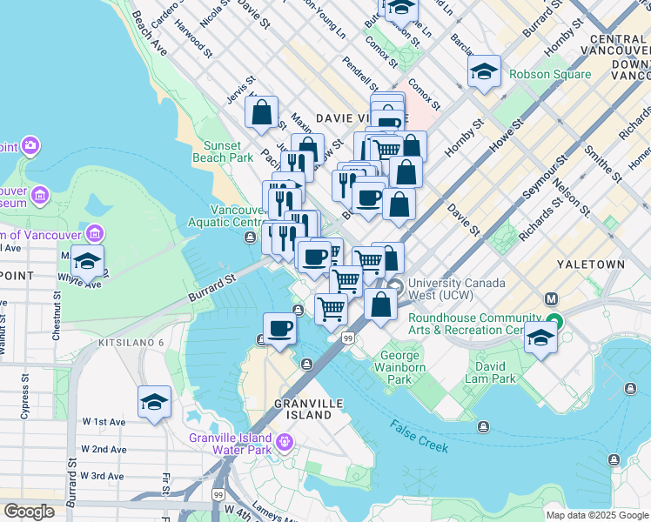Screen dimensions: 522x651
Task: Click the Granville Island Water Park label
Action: (x=231, y=444)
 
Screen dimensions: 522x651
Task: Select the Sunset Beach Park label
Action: (x=229, y=152)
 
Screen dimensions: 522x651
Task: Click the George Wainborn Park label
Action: (x=399, y=367)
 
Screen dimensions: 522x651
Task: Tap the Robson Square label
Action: (x=550, y=74)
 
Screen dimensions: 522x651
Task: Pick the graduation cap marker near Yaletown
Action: (x=540, y=338)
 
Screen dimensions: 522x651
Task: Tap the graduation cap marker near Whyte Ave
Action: (x=87, y=261)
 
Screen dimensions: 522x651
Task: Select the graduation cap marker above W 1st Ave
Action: (x=154, y=402)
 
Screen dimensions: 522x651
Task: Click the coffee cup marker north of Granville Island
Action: (x=280, y=329)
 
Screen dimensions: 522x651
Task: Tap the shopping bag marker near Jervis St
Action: (x=261, y=113)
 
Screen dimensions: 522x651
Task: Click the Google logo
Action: (x=30, y=512)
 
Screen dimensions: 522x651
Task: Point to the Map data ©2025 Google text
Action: (x=596, y=515)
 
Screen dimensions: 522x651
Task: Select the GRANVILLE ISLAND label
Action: (x=304, y=409)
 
